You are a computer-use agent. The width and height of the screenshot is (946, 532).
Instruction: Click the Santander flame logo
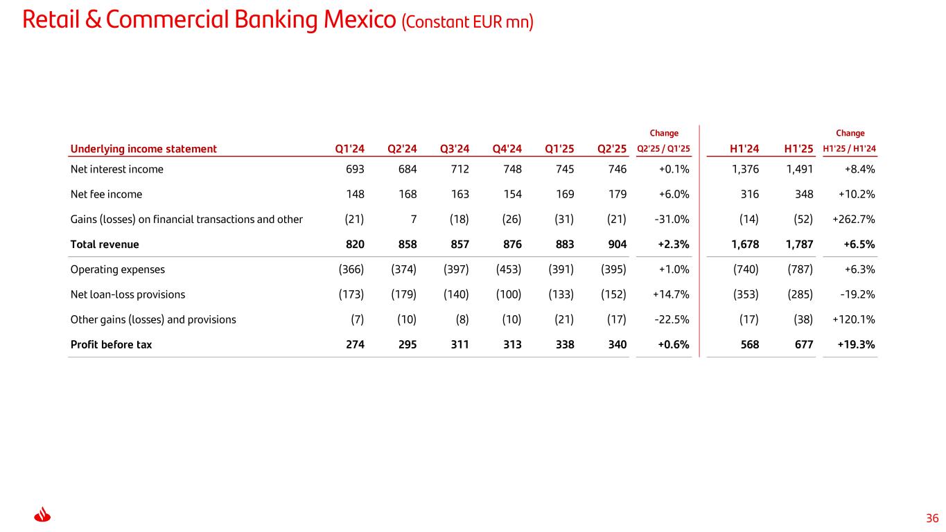pyautogui.click(x=43, y=516)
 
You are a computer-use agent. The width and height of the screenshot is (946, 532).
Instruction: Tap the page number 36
pyautogui.click(x=931, y=518)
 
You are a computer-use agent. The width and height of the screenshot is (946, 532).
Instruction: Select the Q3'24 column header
pyautogui.click(x=455, y=148)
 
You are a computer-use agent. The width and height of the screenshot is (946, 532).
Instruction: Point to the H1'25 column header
pyautogui.click(x=798, y=148)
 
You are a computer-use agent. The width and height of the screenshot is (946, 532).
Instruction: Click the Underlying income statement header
pyautogui.click(x=143, y=148)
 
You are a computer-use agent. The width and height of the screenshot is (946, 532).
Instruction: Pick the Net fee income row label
pyautogui.click(x=106, y=194)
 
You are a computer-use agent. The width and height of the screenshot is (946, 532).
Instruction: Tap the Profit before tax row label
pyautogui.click(x=111, y=344)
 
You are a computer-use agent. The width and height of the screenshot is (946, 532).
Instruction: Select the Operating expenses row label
pyautogui.click(x=118, y=269)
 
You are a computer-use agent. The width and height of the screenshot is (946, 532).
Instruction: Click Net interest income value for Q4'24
pyautogui.click(x=509, y=169)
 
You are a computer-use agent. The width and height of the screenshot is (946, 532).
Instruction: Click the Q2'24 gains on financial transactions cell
pyautogui.click(x=412, y=220)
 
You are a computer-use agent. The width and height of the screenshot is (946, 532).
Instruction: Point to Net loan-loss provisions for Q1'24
pyautogui.click(x=350, y=294)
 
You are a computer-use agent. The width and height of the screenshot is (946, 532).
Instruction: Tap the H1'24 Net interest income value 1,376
pyautogui.click(x=745, y=169)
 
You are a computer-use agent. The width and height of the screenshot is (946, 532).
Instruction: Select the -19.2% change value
pyautogui.click(x=857, y=294)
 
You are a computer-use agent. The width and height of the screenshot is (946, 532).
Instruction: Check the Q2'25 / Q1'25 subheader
pyautogui.click(x=663, y=148)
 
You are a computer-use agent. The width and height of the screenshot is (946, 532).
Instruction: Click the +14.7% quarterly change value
pyautogui.click(x=671, y=294)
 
